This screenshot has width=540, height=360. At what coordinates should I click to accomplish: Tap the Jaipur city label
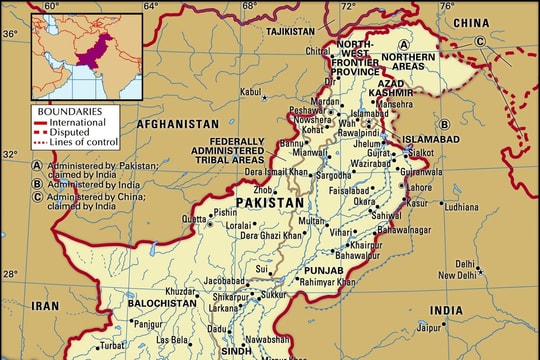(431, 325)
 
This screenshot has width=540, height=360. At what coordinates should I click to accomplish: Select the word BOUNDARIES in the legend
(67, 110)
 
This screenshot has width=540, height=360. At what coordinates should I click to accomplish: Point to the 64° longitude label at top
(150, 7)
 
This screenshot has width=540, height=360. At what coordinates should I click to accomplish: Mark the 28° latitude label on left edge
(10, 274)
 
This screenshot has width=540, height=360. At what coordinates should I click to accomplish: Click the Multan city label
(312, 220)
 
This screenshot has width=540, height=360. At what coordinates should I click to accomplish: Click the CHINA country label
(471, 22)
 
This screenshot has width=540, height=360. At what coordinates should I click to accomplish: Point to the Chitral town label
(319, 50)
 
